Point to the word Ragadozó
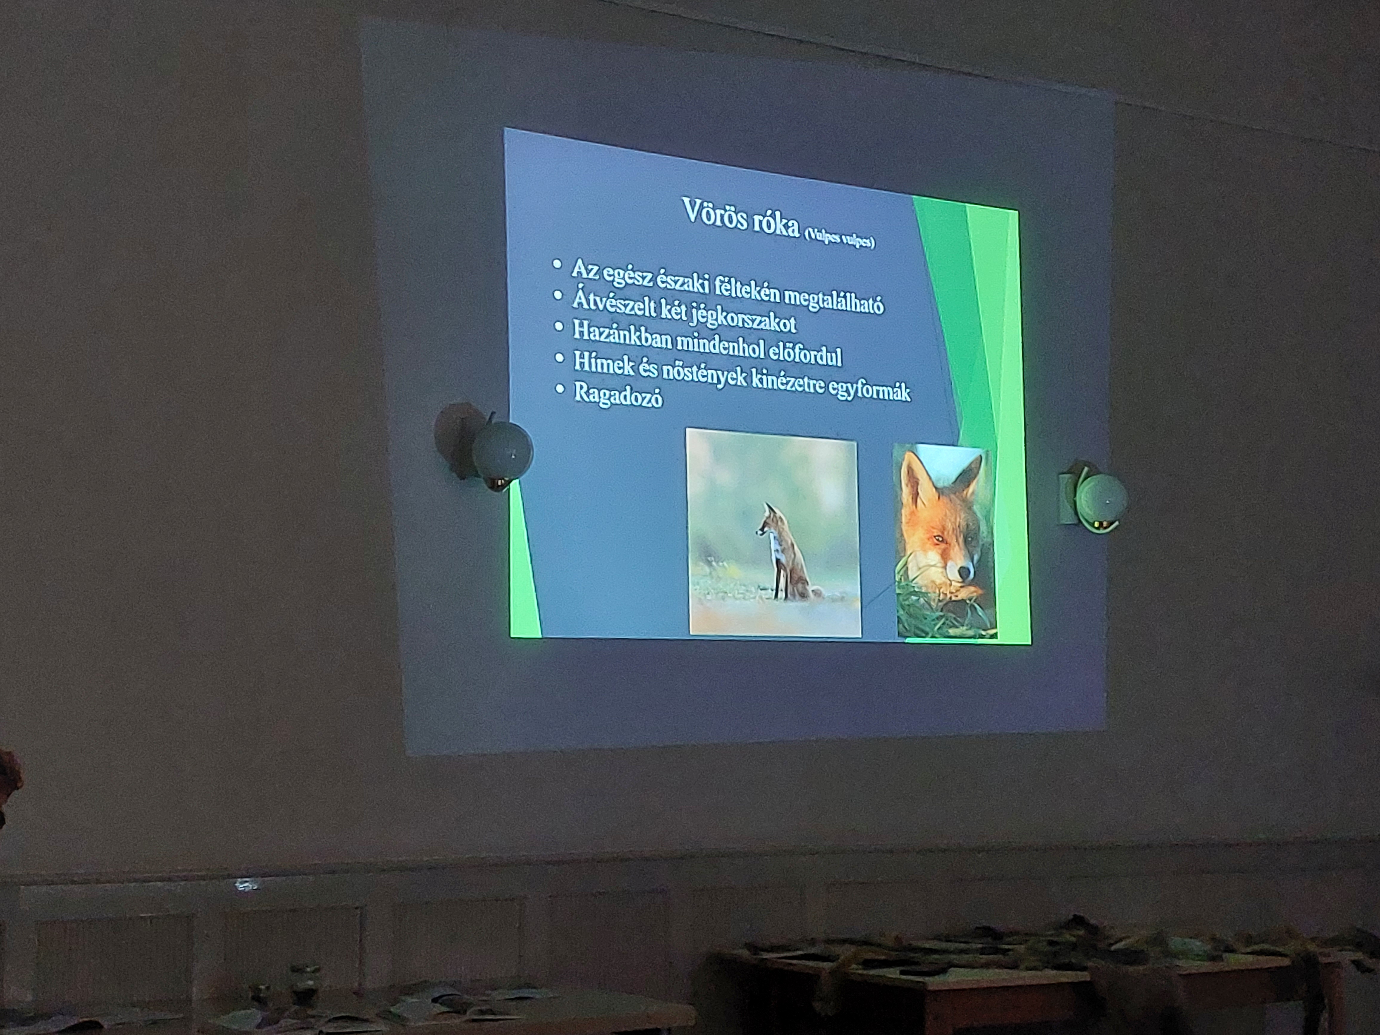coord(618,395)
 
